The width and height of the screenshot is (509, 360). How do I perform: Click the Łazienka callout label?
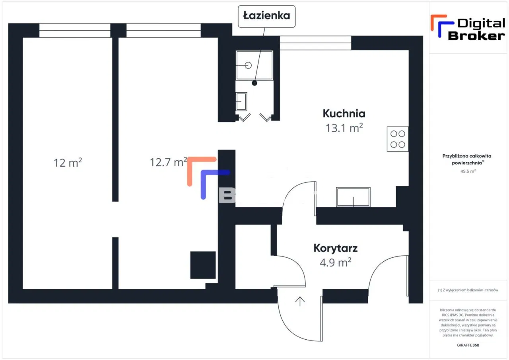[x=266, y=16]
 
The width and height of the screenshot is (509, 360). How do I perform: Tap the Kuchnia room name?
[x=344, y=114]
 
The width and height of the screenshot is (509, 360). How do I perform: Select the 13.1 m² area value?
[x=344, y=128]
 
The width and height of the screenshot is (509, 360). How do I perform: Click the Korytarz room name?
[x=336, y=249]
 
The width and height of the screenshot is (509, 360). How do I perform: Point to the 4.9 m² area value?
[x=336, y=263]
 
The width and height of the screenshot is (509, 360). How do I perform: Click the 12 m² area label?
[x=68, y=162]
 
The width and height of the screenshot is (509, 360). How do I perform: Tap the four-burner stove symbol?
[x=398, y=139]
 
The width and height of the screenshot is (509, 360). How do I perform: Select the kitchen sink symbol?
[x=353, y=197]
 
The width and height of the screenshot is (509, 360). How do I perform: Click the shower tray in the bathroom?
[x=254, y=65]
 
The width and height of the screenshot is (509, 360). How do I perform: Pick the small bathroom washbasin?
[x=241, y=101]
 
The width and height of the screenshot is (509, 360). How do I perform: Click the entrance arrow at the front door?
[x=300, y=301]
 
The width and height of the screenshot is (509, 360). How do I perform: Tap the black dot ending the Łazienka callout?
[x=254, y=83]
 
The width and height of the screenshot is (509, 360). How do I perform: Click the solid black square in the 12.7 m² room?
[x=203, y=265]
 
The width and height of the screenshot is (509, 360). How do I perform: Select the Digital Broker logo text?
[x=476, y=30]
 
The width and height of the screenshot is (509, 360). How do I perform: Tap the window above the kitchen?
[x=315, y=43]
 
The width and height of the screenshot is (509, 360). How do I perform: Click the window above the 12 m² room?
[x=75, y=31]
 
